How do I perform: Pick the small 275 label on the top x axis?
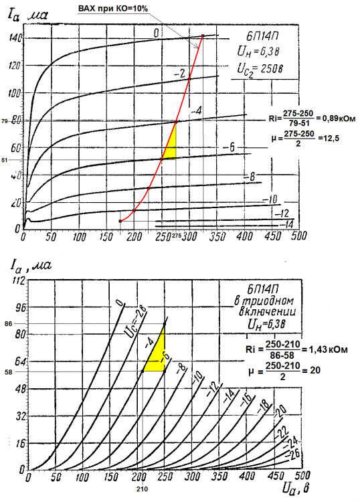[177, 237]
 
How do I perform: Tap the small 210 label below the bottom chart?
[141, 491]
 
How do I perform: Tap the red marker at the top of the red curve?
[202, 35]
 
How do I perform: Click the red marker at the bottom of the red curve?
[120, 221]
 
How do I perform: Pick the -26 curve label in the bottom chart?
[292, 454]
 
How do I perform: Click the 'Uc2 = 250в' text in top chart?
[262, 68]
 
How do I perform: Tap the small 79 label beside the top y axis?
[5, 122]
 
